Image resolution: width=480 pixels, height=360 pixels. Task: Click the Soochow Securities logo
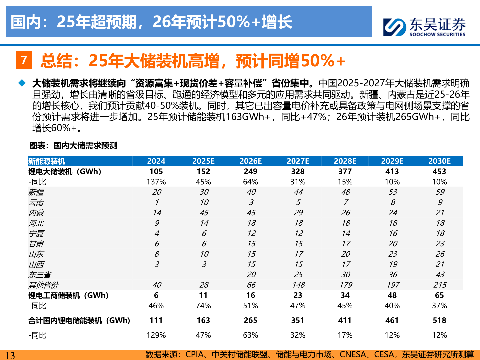pyautogui.click(x=424, y=27)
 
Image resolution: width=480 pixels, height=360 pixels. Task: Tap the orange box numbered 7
pyautogui.click(x=24, y=60)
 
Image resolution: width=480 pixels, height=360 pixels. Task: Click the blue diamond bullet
pyautogui.click(x=22, y=83)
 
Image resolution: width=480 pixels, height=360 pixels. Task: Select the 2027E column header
pyautogui.click(x=298, y=161)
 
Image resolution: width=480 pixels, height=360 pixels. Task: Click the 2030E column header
pyautogui.click(x=439, y=161)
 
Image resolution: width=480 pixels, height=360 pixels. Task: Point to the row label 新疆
pyautogui.click(x=36, y=192)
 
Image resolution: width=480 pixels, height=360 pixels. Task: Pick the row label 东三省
pyautogui.click(x=40, y=275)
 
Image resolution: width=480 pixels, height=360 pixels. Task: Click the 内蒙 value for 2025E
pyautogui.click(x=204, y=213)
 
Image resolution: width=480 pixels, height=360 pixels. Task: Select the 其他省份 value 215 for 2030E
pyautogui.click(x=440, y=285)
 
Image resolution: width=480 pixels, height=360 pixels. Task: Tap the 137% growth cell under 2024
pyautogui.click(x=156, y=182)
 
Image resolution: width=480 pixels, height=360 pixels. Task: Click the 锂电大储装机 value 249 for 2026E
pyautogui.click(x=250, y=172)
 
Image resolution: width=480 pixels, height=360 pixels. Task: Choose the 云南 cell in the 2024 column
pyautogui.click(x=156, y=203)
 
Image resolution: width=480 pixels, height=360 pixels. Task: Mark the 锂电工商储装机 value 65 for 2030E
pyautogui.click(x=439, y=295)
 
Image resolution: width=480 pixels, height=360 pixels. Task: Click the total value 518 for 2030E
pyautogui.click(x=439, y=320)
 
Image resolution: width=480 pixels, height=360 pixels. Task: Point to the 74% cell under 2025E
pyautogui.click(x=203, y=306)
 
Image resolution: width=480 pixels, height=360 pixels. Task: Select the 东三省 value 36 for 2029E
pyautogui.click(x=392, y=275)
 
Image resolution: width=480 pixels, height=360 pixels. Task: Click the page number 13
pyautogui.click(x=10, y=355)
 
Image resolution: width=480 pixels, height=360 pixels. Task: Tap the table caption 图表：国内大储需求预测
pyautogui.click(x=73, y=146)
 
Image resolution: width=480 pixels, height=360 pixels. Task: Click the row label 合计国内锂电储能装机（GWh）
pyautogui.click(x=79, y=321)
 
